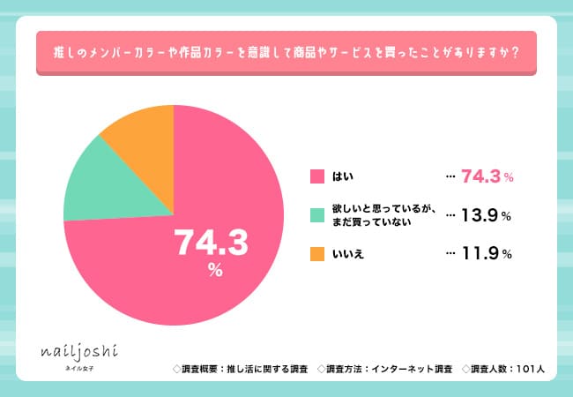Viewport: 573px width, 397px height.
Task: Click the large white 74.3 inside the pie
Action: coord(212,241)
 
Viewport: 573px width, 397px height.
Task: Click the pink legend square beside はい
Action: coord(317,177)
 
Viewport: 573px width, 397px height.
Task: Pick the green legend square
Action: coord(317,215)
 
